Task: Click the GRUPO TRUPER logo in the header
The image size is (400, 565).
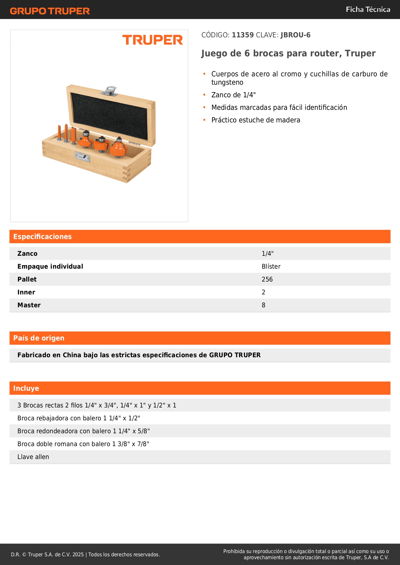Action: (50, 11)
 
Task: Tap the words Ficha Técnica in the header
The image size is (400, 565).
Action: (368, 9)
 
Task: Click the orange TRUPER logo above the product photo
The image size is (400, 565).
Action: (152, 40)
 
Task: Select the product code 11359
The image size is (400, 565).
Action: (243, 35)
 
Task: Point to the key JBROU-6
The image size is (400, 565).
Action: (295, 35)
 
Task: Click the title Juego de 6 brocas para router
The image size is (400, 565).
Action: (288, 53)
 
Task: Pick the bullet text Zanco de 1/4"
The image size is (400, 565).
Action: (233, 95)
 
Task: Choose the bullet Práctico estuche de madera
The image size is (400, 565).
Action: (256, 120)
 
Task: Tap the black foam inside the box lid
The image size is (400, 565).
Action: (110, 116)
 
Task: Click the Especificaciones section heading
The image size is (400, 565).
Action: (43, 237)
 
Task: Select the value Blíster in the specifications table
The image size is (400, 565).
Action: (271, 267)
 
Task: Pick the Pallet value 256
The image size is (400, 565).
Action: (267, 280)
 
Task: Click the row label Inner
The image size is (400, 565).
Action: (26, 292)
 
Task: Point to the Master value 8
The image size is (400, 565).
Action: (263, 305)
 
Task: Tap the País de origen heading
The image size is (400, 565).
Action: (39, 338)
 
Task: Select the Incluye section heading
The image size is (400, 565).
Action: (26, 388)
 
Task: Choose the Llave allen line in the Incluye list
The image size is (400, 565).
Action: (33, 457)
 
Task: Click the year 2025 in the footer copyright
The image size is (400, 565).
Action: (78, 555)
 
